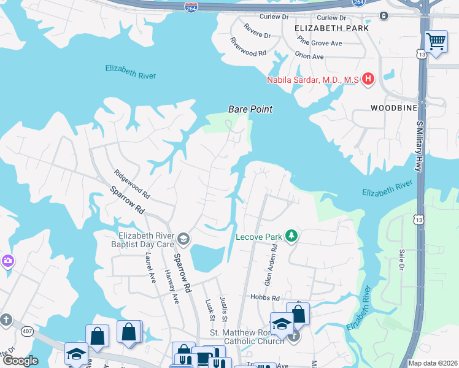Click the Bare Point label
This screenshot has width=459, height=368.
click(250, 109)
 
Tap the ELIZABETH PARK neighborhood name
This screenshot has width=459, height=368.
click(331, 28)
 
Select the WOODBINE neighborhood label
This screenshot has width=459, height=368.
click(394, 107)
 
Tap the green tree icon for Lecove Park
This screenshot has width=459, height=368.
click(292, 236)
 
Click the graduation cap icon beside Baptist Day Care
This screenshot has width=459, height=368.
click(183, 239)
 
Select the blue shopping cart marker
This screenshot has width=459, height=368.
click(436, 42)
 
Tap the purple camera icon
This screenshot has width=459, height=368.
click(8, 261)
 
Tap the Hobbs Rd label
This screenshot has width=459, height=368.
click(264, 297)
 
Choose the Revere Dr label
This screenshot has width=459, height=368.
click(256, 31)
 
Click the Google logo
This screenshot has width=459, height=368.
click(20, 361)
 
